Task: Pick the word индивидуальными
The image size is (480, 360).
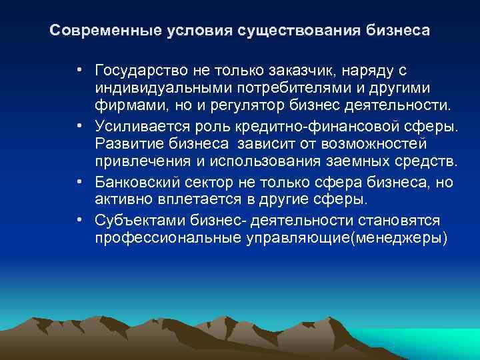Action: pos(149,88)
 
